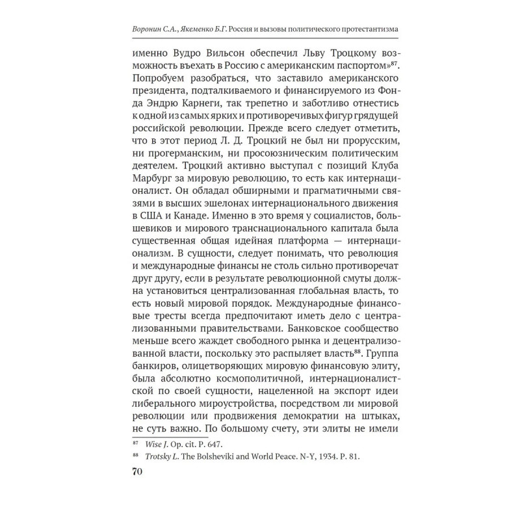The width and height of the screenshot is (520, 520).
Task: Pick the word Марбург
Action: coord(155,198)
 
